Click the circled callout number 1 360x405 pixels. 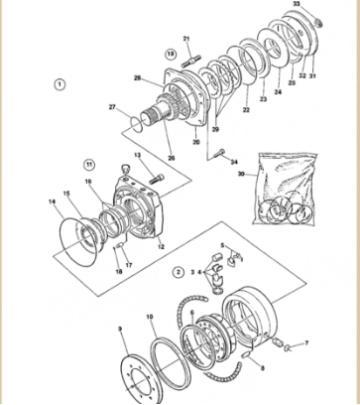tap(60, 84)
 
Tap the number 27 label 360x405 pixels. tap(113, 108)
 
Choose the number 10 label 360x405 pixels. tap(150, 319)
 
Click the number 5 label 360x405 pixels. tap(222, 245)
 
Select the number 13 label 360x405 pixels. tap(138, 156)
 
